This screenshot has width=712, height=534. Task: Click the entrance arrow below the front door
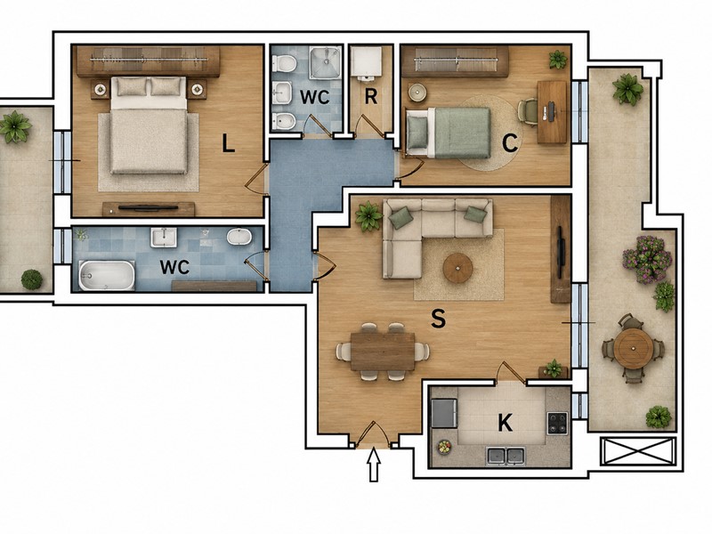(x=374, y=464)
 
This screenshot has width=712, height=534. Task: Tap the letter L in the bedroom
(x=228, y=143)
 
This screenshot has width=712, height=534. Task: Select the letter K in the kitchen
(x=505, y=423)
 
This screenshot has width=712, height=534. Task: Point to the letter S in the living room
(x=438, y=318)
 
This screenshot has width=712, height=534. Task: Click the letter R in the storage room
(x=371, y=97)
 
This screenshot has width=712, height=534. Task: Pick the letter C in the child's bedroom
(x=510, y=143)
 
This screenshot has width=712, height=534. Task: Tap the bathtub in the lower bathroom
(x=107, y=275)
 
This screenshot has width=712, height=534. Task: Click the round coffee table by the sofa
(x=457, y=268)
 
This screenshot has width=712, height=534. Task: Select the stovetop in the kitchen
(x=557, y=423)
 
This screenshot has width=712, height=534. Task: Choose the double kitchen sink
(x=506, y=456)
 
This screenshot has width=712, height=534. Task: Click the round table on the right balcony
(x=633, y=348)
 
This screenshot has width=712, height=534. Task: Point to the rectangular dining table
(x=383, y=352)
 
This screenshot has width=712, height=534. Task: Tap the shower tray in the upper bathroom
(x=325, y=62)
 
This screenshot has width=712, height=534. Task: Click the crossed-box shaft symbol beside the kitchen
(x=638, y=451)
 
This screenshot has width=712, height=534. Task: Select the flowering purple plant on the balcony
(x=646, y=259)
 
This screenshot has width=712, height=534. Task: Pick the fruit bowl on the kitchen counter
(x=444, y=448)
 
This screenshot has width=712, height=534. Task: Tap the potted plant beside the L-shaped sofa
(x=368, y=216)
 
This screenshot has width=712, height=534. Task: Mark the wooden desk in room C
(x=552, y=112)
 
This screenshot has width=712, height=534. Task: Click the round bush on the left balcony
(x=32, y=279)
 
